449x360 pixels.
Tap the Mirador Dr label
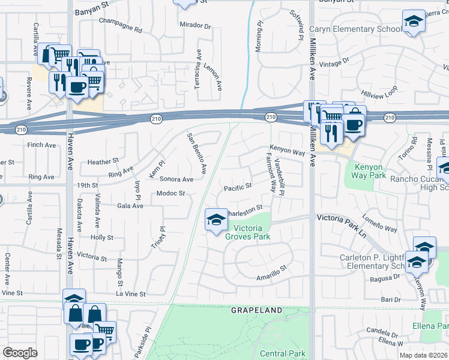point(196,26)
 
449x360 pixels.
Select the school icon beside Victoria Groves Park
point(215,220)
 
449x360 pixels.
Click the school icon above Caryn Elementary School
point(413,22)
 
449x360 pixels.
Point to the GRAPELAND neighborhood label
point(256,310)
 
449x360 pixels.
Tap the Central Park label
point(283,354)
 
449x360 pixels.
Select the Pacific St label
point(237,188)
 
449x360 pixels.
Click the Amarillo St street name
point(273,274)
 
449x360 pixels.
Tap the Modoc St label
point(170,194)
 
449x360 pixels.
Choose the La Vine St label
point(131,294)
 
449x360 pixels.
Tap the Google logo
point(20,353)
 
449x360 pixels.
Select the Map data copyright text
point(424,355)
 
